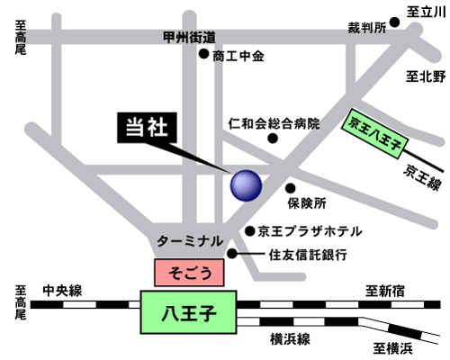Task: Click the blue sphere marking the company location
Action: pos(246,185)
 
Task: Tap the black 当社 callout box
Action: pos(147,128)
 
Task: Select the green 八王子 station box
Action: pos(189,312)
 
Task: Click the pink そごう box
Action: pos(189,273)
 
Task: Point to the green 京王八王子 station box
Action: pos(375,133)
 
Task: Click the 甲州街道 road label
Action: pos(189,38)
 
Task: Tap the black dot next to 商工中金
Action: pos(204,54)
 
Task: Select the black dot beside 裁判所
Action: pos(394,22)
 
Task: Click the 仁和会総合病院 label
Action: pos(274,123)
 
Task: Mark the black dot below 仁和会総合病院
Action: pos(273,139)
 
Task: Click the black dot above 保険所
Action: pos(290,188)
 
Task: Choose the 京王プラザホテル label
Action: pos(310,231)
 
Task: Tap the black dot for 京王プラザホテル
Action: pos(250,231)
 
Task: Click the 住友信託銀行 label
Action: pos(308,255)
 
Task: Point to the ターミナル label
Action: pos(190,241)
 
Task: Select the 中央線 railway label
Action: pos(62,291)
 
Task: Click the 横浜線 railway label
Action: pos(290,339)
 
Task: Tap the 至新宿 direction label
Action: pos(385,291)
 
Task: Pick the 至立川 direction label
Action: pos(426,13)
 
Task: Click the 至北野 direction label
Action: pos(426,76)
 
